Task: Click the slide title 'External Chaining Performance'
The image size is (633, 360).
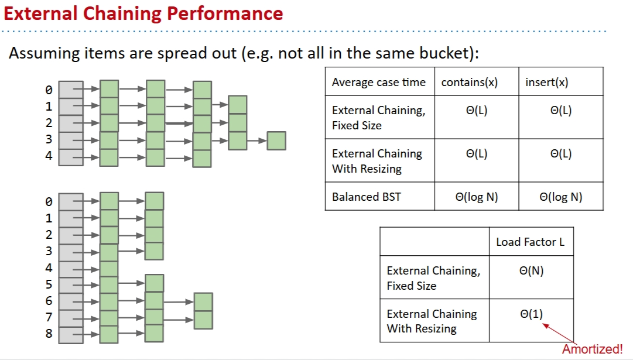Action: click(x=143, y=13)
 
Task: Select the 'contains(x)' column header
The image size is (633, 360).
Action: click(x=469, y=83)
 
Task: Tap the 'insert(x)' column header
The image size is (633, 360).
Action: click(x=546, y=83)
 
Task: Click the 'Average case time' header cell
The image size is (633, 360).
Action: click(x=378, y=83)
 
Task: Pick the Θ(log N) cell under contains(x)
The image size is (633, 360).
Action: click(x=476, y=197)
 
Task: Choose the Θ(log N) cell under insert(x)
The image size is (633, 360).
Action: click(x=560, y=197)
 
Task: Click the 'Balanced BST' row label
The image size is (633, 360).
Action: click(x=367, y=197)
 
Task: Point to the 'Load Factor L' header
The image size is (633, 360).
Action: click(x=531, y=242)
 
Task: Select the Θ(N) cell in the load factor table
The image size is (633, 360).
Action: click(x=531, y=272)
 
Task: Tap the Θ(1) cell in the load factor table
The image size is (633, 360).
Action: click(x=531, y=314)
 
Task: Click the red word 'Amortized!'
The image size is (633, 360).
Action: click(x=593, y=349)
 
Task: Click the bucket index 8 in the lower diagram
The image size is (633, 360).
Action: click(x=49, y=334)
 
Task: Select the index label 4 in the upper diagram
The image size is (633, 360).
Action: click(x=49, y=156)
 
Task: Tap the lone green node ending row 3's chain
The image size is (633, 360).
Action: click(x=276, y=141)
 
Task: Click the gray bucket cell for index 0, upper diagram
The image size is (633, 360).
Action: click(x=71, y=90)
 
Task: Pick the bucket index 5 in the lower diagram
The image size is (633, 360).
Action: click(x=49, y=284)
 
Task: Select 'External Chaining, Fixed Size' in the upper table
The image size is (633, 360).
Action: click(x=378, y=118)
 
